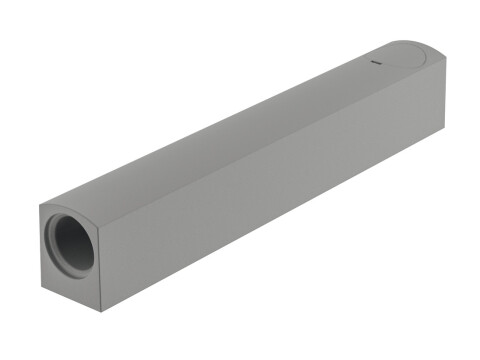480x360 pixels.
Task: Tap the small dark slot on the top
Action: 378,65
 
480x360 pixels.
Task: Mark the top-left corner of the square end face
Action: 41,205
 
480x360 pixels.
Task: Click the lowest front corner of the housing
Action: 101,309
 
